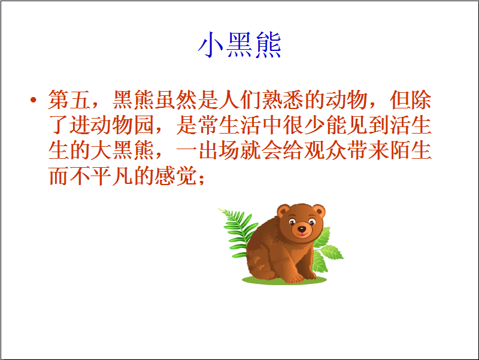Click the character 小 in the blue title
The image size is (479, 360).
(211, 45)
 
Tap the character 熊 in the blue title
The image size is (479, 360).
(268, 45)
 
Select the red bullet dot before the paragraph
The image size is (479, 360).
(34, 99)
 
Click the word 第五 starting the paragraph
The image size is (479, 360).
(69, 99)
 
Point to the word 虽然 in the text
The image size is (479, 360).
(175, 99)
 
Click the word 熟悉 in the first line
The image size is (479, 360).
(283, 99)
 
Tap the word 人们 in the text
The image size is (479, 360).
(240, 99)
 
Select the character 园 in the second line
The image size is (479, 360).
(144, 125)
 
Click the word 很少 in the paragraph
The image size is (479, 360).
(304, 125)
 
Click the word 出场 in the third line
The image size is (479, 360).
(219, 150)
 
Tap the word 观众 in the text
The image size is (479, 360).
(325, 150)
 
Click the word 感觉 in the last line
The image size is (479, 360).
(175, 176)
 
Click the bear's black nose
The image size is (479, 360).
(302, 229)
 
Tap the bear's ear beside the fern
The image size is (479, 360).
(283, 211)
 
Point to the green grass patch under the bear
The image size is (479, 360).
(284, 280)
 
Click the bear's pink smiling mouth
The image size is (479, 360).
(302, 235)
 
